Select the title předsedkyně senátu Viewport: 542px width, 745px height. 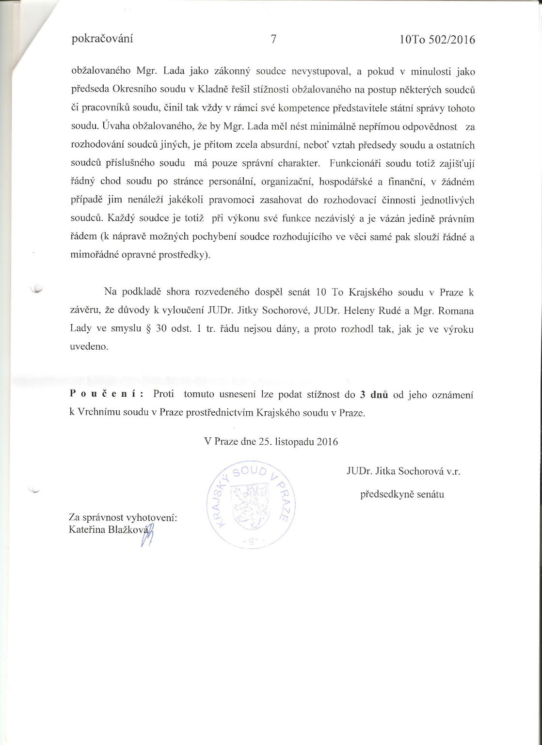402,495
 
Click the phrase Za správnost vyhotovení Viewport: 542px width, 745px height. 123,518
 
